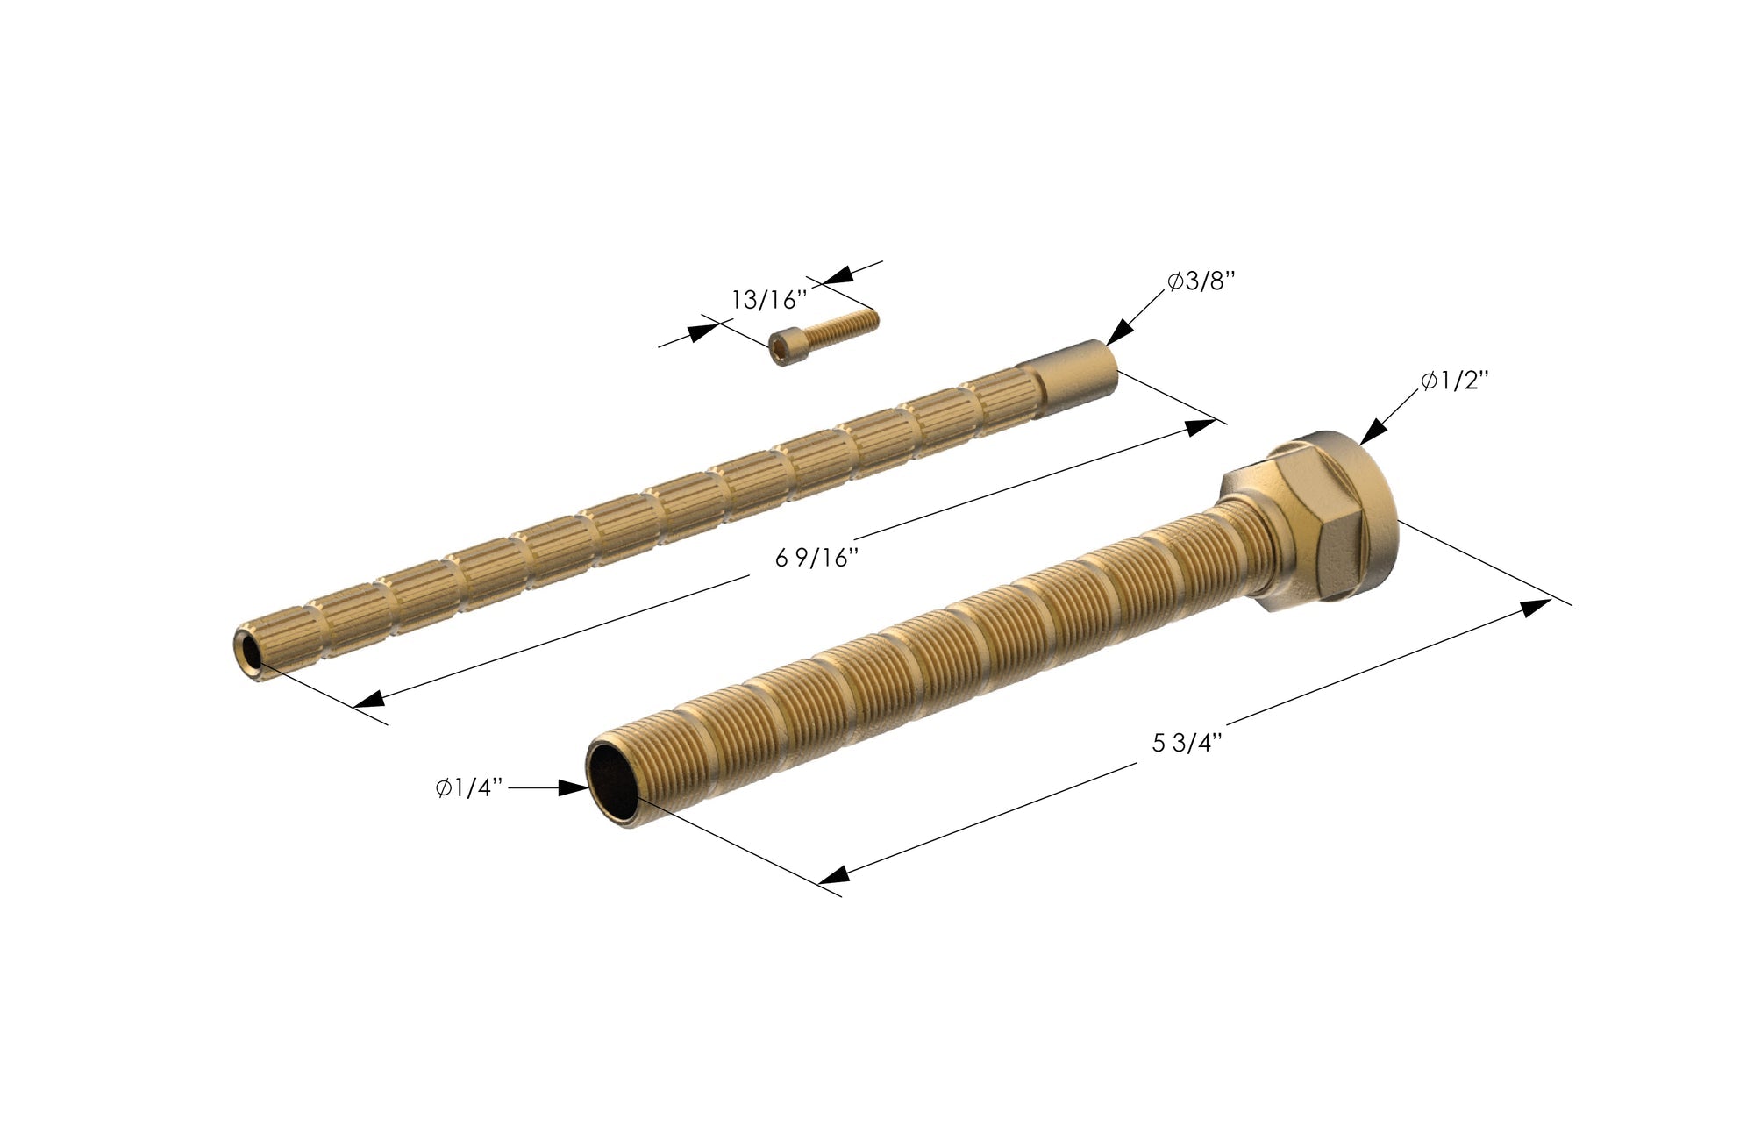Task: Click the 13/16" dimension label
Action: pos(768,301)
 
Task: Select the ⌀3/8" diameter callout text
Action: pos(1201,282)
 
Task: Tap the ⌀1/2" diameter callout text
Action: pos(1455,381)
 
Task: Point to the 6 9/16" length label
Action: pos(816,559)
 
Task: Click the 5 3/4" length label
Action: pos(1187,744)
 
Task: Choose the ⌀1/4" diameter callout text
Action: pos(469,788)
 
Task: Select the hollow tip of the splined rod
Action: pos(247,652)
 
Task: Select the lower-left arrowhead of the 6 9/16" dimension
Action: pos(368,700)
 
